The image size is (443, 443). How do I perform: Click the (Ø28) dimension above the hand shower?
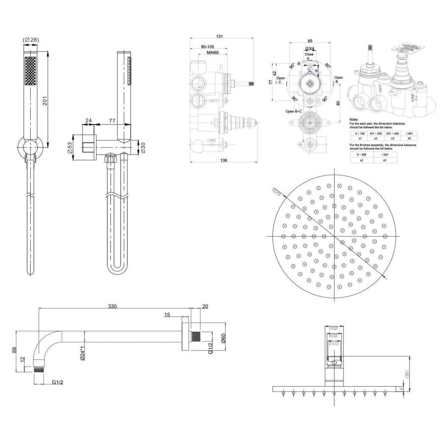point(31,39)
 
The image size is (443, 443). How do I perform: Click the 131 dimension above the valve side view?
point(219,36)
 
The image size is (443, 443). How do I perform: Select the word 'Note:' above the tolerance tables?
point(354,119)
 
